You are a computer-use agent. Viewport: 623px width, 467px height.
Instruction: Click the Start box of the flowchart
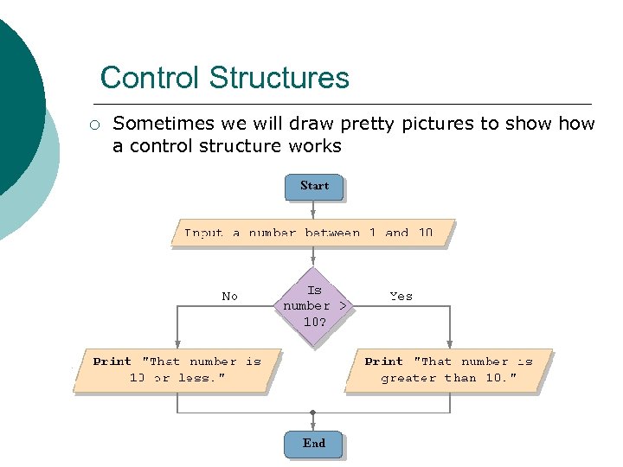[x=313, y=186]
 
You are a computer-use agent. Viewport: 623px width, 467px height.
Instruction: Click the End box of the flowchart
[x=313, y=444]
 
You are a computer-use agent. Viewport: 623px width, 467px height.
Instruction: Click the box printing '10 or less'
[x=177, y=370]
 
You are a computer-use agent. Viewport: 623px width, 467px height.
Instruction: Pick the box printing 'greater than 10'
[x=448, y=370]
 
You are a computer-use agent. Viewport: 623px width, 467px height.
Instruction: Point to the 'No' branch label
[x=229, y=296]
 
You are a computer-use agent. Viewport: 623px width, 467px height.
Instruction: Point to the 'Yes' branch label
[x=401, y=296]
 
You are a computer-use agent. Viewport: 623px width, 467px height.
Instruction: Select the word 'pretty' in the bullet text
[x=374, y=124]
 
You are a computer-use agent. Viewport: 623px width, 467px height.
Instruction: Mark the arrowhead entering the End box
[x=313, y=426]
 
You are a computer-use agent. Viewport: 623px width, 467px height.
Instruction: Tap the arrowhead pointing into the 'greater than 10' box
[x=449, y=343]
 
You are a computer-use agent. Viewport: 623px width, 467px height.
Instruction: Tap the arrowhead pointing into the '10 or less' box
[x=177, y=343]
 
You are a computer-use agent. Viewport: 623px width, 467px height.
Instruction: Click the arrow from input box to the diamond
[x=313, y=257]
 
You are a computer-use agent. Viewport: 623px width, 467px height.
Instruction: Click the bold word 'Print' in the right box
[x=383, y=361]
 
